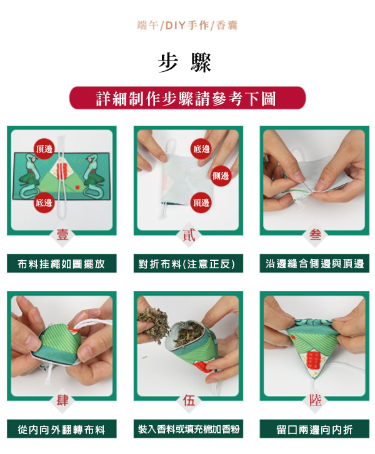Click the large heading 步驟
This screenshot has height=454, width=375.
(x=185, y=63)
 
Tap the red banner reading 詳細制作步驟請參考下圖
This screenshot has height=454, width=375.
(x=187, y=98)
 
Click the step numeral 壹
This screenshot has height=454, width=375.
(x=62, y=235)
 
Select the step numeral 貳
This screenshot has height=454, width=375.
(x=189, y=235)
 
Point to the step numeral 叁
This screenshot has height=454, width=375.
(x=315, y=235)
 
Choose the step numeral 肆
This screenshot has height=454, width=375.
(x=62, y=400)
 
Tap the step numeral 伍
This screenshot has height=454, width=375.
(x=189, y=400)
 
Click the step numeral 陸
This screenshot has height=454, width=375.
(x=315, y=400)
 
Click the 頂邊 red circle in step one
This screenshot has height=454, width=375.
(x=44, y=149)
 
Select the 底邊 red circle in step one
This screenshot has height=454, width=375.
(x=44, y=203)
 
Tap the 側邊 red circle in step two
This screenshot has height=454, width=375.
(x=220, y=176)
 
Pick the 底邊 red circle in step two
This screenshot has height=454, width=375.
(x=201, y=149)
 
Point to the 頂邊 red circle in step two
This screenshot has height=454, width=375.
(x=201, y=203)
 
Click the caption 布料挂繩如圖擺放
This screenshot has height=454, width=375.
(x=62, y=263)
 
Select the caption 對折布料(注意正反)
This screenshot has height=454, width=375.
(x=188, y=263)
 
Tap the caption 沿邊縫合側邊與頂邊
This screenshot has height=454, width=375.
(x=314, y=263)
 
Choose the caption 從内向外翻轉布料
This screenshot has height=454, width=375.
(x=62, y=429)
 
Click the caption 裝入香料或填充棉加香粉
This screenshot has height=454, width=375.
(x=188, y=429)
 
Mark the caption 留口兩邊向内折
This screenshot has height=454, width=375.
(x=314, y=429)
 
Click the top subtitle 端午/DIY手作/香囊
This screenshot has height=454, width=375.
(x=187, y=26)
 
